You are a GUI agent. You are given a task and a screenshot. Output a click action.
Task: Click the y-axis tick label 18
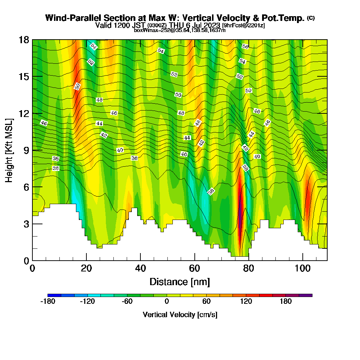pos(24,40)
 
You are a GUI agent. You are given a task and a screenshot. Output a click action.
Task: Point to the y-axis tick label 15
pos(24,77)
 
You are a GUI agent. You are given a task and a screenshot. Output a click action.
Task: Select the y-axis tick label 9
pos(26,150)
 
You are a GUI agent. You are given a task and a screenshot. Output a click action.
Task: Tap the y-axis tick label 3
pos(26,224)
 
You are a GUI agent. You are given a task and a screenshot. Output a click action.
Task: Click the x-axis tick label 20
pos(86,269)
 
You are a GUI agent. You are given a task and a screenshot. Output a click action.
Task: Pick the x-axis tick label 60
pos(195,269)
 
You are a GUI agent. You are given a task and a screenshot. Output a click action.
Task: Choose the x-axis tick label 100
pos(303,269)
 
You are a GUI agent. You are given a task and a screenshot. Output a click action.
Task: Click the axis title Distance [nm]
pos(180,282)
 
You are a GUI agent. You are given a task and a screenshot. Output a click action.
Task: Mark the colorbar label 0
pos(167,302)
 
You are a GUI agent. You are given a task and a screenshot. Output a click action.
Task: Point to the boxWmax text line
pos(180,30)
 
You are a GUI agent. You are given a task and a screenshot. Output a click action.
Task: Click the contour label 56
pos(245,47)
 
